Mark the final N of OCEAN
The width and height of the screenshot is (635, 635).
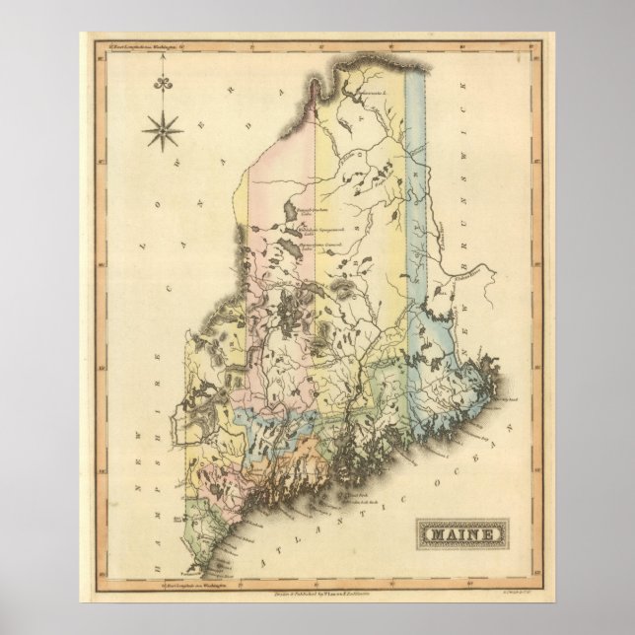click(510, 394)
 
